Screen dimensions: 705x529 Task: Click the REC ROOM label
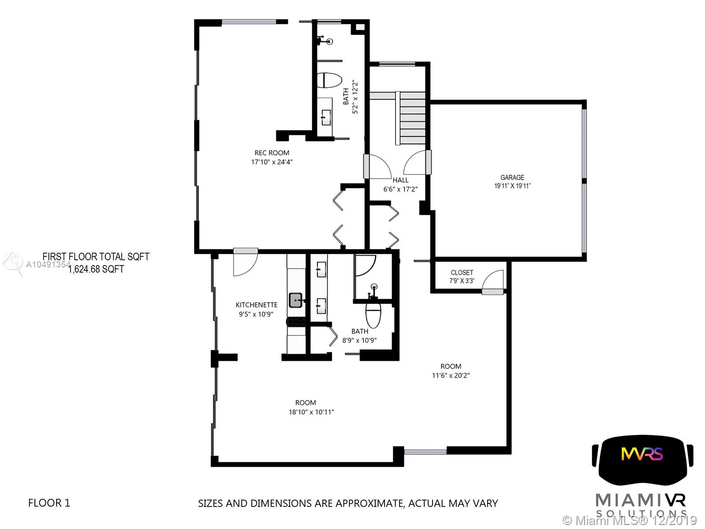click(272, 153)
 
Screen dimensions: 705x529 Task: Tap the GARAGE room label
click(512, 177)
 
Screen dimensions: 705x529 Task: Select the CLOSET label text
click(462, 273)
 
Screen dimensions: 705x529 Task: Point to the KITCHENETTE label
click(256, 305)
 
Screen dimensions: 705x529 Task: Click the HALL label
click(400, 180)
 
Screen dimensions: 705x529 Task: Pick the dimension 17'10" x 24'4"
click(272, 162)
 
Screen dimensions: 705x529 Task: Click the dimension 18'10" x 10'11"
click(311, 412)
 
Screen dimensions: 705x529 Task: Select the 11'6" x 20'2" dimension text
click(451, 375)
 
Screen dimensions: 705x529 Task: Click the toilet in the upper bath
click(329, 80)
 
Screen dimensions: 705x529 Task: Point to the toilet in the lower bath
click(373, 315)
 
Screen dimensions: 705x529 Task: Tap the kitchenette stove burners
click(296, 322)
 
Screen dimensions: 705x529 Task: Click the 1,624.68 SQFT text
click(96, 269)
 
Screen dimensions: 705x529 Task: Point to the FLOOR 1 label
click(49, 503)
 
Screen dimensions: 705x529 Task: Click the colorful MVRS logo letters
click(642, 454)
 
